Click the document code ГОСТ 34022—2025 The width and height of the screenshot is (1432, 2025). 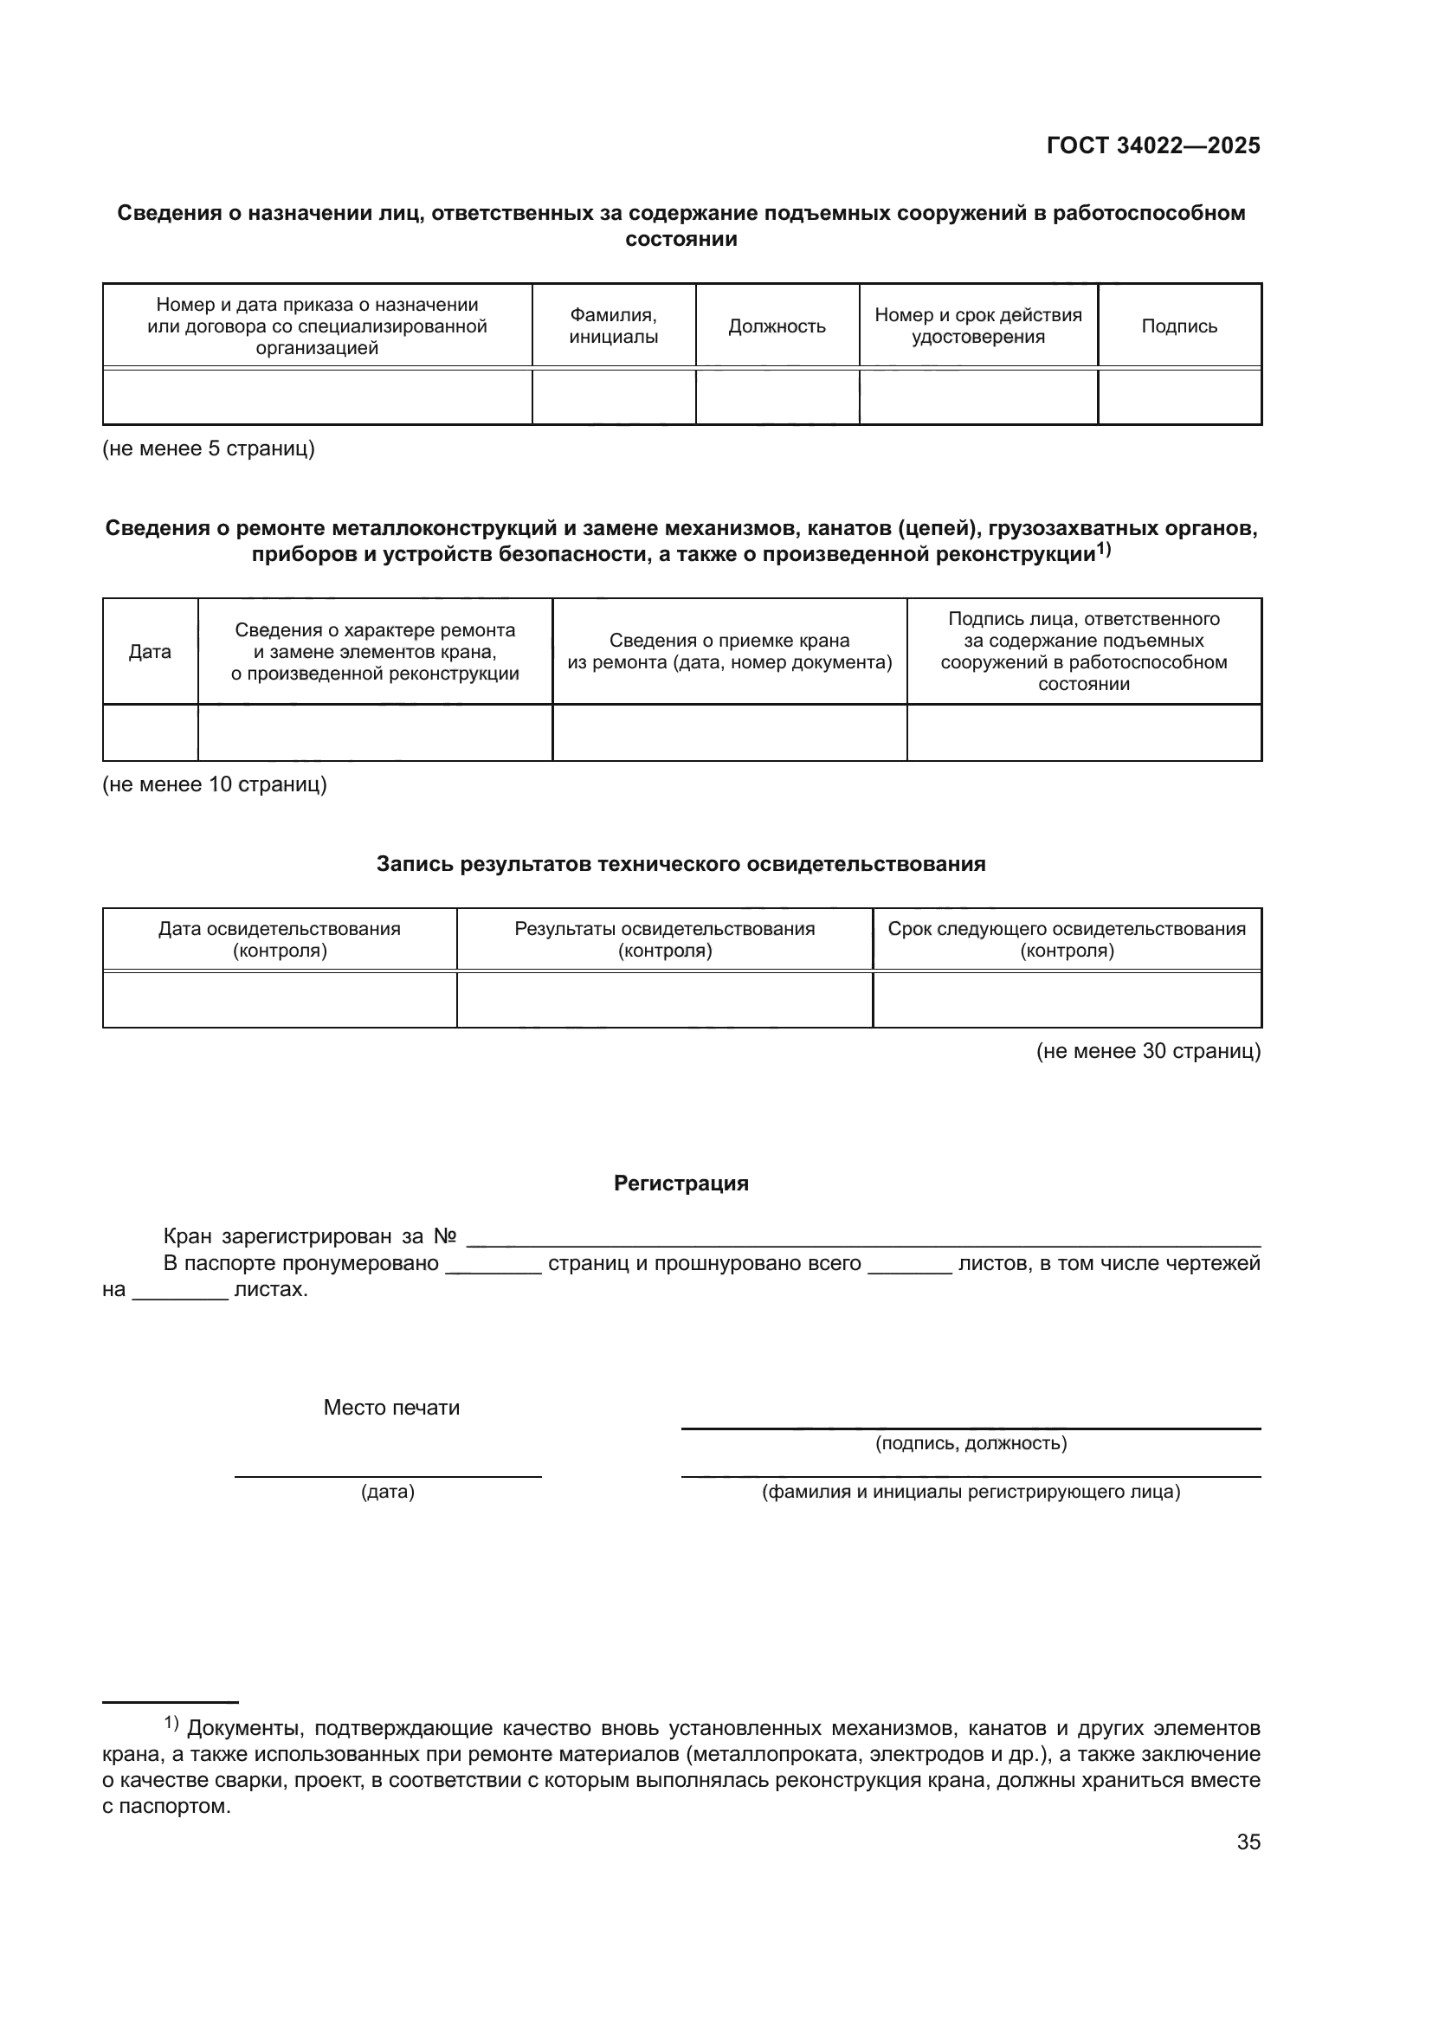coord(1152,146)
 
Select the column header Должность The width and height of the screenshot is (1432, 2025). coord(776,326)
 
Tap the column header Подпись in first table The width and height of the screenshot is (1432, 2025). coord(1179,326)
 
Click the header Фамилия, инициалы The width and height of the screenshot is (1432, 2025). coord(613,326)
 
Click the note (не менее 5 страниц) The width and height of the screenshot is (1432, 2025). coord(208,449)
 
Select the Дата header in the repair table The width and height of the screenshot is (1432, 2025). coord(150,652)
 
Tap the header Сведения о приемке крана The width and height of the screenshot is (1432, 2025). coord(729,652)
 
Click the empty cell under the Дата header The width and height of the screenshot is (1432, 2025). coord(150,733)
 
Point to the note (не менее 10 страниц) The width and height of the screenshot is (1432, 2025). coord(214,785)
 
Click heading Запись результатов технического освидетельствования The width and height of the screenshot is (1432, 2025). coord(681,864)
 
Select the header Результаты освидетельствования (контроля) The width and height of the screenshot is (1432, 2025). coord(665,939)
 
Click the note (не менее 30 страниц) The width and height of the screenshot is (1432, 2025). coord(1148,1051)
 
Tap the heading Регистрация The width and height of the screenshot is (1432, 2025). coord(681,1183)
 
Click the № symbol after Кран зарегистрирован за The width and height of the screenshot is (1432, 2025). coord(444,1237)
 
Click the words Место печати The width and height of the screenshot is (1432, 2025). coord(391,1408)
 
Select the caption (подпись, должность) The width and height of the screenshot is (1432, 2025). coord(971,1444)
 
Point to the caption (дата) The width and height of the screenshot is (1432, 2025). coord(387,1493)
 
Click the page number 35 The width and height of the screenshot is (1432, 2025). coord(1248,1842)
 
